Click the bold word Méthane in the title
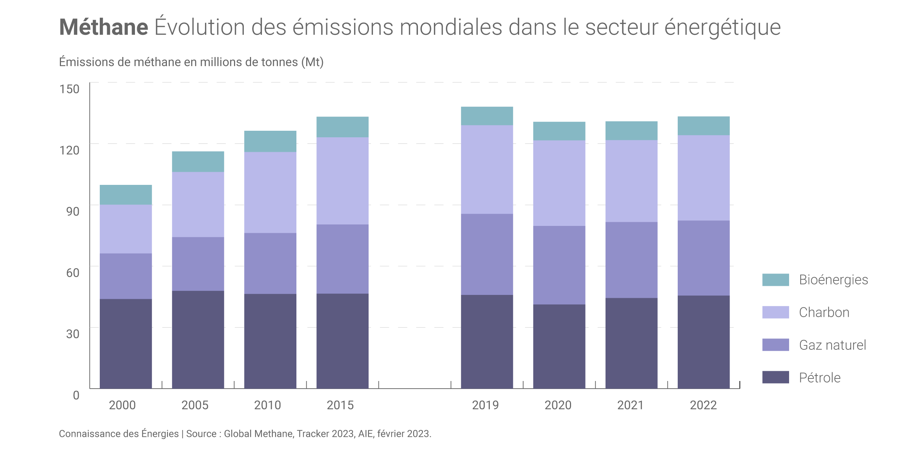point(104,27)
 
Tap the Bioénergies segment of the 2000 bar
point(126,195)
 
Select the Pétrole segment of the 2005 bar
point(198,339)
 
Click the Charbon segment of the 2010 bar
point(270,192)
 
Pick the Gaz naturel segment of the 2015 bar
point(342,259)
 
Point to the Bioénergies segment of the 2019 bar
point(487,116)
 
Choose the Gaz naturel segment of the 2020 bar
point(559,265)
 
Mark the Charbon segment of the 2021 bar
point(631,181)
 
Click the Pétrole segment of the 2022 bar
point(703,342)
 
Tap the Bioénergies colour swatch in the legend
point(775,280)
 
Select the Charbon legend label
point(824,312)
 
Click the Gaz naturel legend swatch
point(775,345)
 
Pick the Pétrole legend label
point(820,378)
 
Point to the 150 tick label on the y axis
point(69,89)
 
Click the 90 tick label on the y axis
point(73,211)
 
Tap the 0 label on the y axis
point(76,395)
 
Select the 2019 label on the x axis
point(485,405)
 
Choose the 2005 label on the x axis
point(195,405)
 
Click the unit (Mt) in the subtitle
point(312,62)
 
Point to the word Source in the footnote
point(201,434)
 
